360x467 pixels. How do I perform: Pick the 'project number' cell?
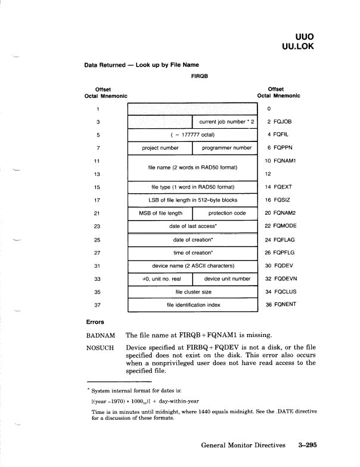(x=160, y=148)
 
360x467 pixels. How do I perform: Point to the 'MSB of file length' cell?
(x=159, y=213)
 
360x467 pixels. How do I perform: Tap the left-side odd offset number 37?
(x=97, y=305)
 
